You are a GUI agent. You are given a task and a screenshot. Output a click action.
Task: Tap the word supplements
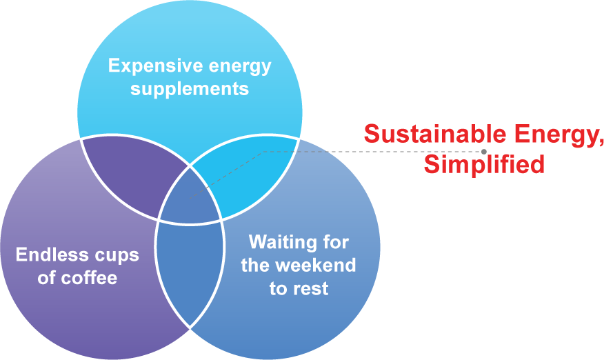(190, 89)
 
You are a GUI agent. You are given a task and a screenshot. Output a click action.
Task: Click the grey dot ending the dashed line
(484, 151)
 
